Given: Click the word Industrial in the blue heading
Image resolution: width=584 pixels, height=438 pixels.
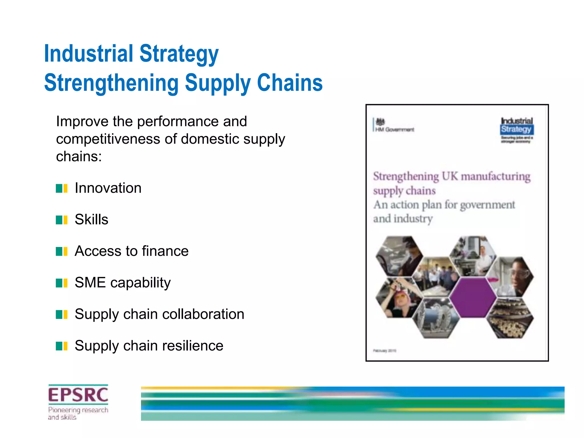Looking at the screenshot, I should click(x=88, y=54).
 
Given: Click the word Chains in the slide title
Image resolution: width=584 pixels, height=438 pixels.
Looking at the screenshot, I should click(x=290, y=83).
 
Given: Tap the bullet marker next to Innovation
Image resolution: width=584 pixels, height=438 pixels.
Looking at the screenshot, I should click(x=62, y=188).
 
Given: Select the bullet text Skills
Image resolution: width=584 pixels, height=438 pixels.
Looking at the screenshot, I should click(x=92, y=220).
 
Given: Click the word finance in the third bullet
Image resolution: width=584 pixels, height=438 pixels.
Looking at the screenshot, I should click(x=165, y=251).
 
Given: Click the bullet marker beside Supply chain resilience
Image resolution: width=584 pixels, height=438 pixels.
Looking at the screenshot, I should click(x=62, y=346).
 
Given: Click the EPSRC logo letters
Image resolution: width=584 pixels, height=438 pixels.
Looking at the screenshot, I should click(x=78, y=395).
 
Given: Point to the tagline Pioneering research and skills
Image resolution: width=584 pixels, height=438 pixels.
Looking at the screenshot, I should click(x=78, y=413).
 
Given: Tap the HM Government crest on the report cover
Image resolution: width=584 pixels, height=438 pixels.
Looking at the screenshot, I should click(x=380, y=122).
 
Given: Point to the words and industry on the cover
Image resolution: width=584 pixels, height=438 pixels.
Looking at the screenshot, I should click(x=403, y=219).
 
